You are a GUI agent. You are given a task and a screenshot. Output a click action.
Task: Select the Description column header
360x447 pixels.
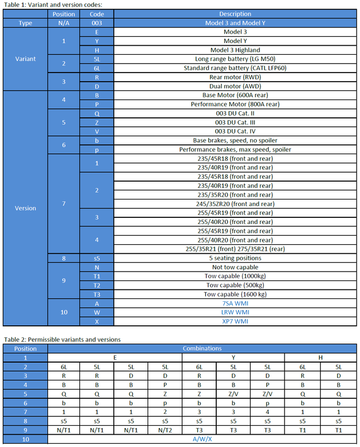click(235, 14)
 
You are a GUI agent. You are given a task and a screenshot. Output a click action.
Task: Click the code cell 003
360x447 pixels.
click(98, 23)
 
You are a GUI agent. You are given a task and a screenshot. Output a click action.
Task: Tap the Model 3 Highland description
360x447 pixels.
click(235, 50)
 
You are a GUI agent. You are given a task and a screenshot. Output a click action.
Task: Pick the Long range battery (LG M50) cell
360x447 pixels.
click(235, 59)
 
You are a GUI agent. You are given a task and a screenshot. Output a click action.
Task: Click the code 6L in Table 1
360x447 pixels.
click(98, 68)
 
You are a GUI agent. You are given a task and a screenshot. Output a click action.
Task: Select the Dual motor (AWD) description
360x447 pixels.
click(235, 86)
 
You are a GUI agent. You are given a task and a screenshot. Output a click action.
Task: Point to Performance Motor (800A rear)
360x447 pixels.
click(235, 104)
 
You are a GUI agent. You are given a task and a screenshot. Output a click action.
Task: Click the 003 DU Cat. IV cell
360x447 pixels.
click(235, 131)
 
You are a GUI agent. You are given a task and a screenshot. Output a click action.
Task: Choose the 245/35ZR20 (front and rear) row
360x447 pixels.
click(235, 204)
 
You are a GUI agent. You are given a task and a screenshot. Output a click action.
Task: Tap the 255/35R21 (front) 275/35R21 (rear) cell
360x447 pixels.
click(235, 249)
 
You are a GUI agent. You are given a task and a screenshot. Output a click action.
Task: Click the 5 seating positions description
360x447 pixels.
click(235, 258)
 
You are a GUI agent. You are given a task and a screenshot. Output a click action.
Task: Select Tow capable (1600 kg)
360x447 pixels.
click(235, 294)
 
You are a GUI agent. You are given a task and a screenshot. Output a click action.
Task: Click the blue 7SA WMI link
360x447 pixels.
click(235, 303)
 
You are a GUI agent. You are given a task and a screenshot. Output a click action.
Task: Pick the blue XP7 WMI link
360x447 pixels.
click(235, 321)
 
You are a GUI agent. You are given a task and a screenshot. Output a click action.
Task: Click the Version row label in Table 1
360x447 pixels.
click(25, 208)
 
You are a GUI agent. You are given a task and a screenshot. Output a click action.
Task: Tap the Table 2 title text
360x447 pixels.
click(62, 339)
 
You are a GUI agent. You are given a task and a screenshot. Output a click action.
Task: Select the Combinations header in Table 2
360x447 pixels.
click(202, 349)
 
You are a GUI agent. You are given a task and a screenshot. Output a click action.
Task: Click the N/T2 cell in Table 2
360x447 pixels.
click(165, 430)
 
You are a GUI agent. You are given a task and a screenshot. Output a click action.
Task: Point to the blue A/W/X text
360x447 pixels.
click(202, 440)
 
